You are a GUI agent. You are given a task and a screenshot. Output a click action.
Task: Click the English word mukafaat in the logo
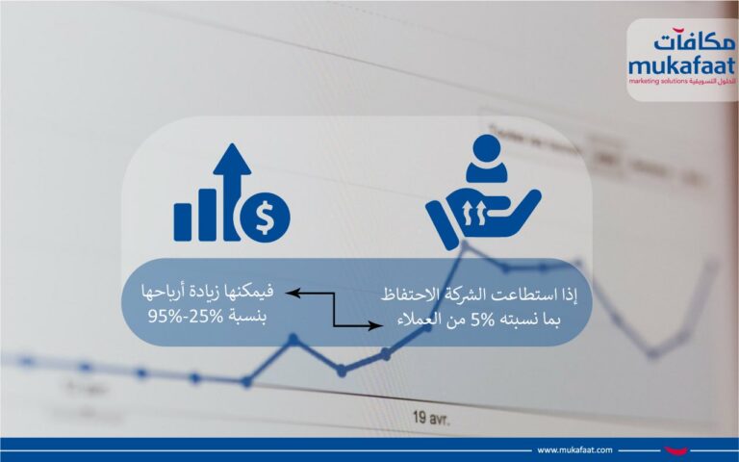point(681,65)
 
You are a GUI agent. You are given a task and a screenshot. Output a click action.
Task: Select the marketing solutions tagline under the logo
point(681,81)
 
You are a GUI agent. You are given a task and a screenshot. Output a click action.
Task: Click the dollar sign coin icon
point(265,217)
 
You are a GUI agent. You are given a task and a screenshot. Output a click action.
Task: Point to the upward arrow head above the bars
point(232,160)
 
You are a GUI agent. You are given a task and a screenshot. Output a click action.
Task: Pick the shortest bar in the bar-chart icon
point(183,222)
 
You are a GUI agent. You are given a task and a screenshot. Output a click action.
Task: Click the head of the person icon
point(486,148)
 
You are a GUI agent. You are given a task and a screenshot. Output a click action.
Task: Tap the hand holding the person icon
point(484,218)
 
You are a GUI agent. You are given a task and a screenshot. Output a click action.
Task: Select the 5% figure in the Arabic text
point(482,321)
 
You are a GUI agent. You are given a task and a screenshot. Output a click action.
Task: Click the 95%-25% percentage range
point(185,316)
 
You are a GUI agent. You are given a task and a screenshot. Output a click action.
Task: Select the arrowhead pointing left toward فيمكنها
point(293,293)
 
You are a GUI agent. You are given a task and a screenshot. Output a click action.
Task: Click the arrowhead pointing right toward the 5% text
point(375,325)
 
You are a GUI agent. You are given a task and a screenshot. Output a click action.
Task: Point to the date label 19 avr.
point(431,417)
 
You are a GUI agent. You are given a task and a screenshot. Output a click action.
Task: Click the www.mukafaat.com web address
point(575,449)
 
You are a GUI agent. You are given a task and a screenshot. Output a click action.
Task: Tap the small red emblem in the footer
point(675,450)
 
